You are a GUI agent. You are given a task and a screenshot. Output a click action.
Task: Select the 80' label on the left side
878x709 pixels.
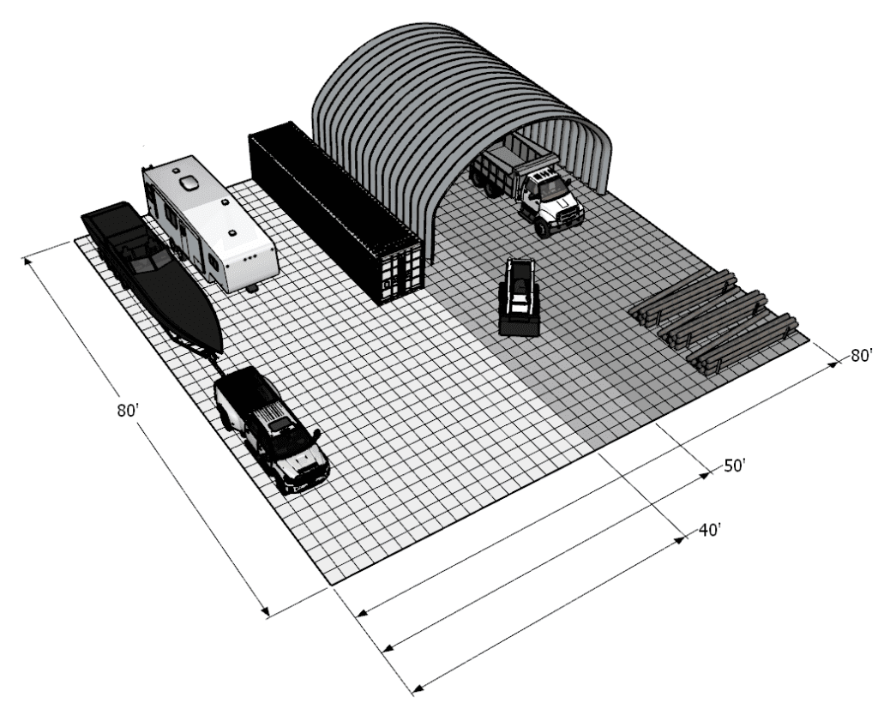[128, 410]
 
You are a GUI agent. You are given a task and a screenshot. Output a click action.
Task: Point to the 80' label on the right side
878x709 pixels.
[862, 355]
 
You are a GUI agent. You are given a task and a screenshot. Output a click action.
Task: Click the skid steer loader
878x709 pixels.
[519, 297]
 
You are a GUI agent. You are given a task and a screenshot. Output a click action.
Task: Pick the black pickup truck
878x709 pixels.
[272, 429]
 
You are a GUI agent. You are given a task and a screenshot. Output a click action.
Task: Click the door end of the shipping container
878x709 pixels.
[401, 273]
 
